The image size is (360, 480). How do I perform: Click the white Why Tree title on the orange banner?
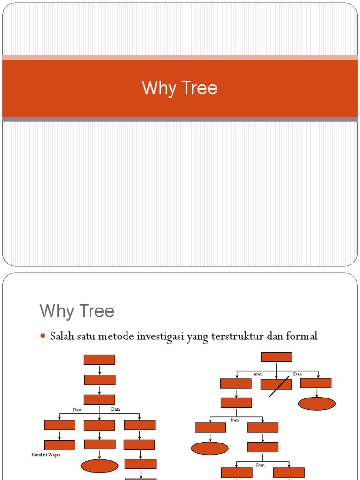[180, 88]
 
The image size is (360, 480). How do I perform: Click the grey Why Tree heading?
[77, 311]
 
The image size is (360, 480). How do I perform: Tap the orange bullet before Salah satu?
[43, 336]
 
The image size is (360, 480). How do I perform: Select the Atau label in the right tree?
[258, 374]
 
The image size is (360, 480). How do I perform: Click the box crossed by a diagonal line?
[276, 384]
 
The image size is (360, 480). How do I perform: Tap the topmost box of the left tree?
[99, 360]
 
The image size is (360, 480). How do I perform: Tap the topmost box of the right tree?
[277, 357]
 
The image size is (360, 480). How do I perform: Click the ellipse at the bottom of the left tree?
[99, 465]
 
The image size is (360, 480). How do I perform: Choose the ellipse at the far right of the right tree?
[317, 404]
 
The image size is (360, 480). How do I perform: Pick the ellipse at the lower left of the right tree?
[210, 448]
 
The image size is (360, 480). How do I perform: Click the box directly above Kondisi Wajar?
[60, 445]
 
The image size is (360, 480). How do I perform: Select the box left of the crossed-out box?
[236, 383]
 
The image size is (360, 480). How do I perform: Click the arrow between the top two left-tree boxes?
[100, 369]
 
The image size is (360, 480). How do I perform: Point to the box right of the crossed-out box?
[316, 383]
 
